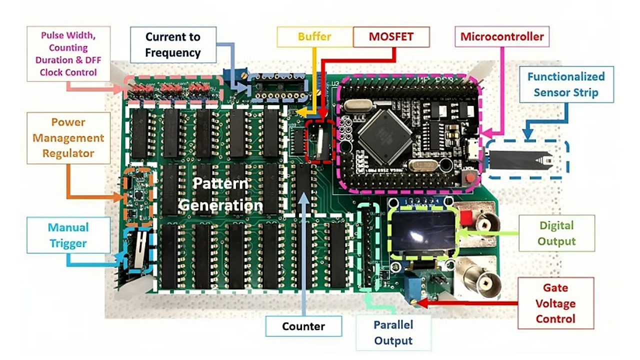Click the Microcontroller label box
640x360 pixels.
(501, 36)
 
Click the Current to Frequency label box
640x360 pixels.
(172, 44)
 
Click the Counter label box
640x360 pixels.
(303, 326)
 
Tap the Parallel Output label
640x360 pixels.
(393, 332)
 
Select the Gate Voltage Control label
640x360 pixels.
(555, 303)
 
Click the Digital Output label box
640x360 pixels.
(556, 233)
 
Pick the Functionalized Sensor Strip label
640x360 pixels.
(565, 84)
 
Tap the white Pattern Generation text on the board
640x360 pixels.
(220, 194)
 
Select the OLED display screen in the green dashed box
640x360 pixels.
(422, 231)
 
